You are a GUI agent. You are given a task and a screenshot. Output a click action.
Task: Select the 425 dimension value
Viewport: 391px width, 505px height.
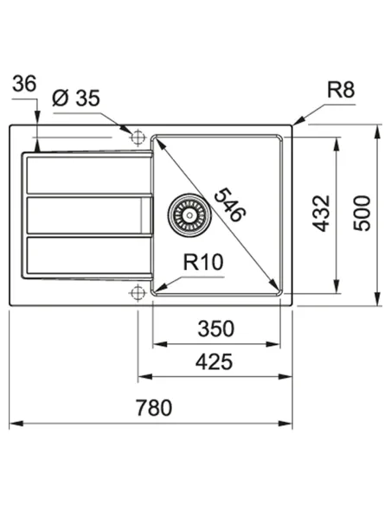coord(214,362)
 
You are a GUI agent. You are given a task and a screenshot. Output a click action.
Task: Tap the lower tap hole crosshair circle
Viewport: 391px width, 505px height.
coord(136,294)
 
